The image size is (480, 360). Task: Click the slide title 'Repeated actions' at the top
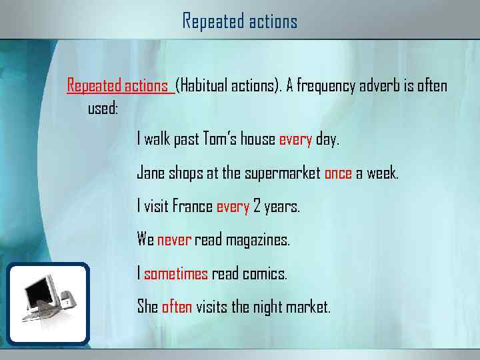(240, 21)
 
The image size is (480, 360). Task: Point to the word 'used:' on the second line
(103, 107)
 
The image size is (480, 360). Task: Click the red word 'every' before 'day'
(295, 139)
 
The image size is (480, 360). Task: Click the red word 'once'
(338, 173)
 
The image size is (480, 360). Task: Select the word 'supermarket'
(283, 173)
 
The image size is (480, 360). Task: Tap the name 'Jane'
(150, 173)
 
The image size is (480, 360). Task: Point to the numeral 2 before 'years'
(257, 207)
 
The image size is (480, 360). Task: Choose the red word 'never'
(174, 239)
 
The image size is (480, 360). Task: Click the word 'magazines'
(259, 239)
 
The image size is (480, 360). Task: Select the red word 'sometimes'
(176, 273)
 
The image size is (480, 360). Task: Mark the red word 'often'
(177, 307)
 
